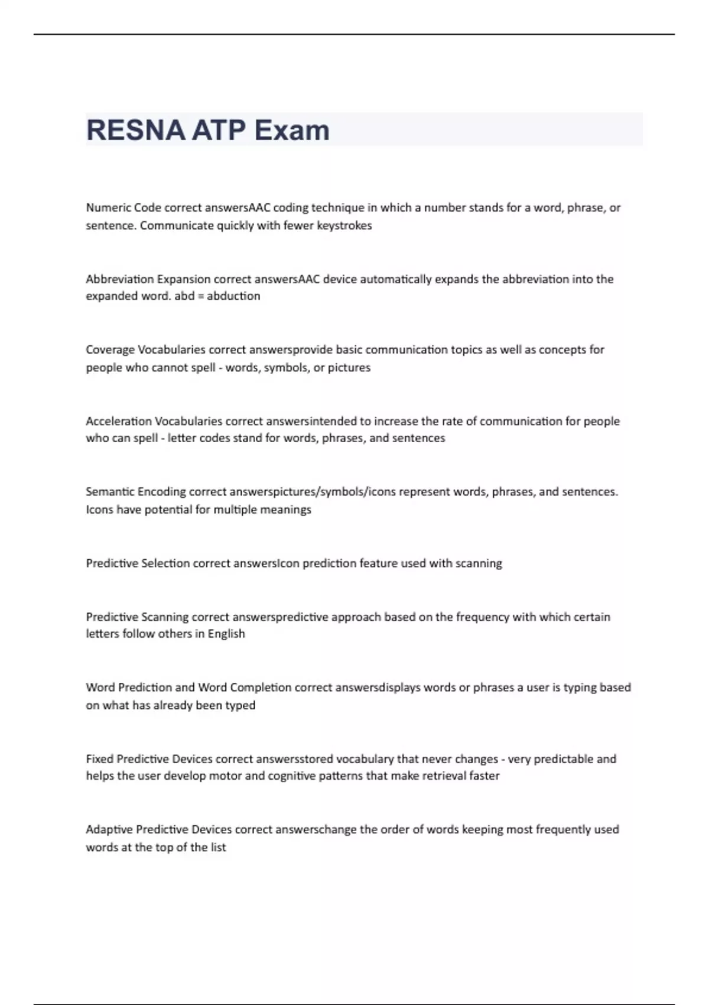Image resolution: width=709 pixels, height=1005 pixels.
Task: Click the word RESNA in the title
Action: (x=135, y=131)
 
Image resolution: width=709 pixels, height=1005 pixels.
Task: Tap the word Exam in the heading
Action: (x=292, y=131)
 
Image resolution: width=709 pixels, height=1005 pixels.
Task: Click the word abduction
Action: (x=233, y=296)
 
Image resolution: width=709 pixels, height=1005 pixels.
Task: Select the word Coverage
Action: (x=110, y=349)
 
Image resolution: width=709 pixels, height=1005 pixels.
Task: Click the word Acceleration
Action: (x=119, y=421)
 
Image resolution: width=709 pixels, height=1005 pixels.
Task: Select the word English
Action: (x=226, y=633)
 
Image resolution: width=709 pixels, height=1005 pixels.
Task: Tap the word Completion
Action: (x=261, y=687)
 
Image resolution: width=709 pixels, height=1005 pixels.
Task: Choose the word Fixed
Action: (x=100, y=758)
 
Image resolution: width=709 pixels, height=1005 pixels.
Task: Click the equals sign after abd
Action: (x=201, y=296)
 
